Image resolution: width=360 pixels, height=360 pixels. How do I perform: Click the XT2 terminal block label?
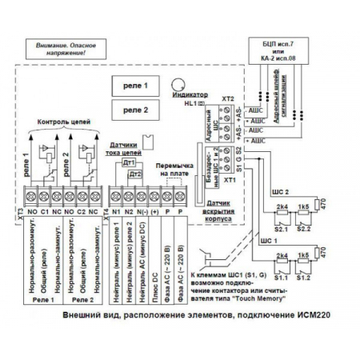[226, 98]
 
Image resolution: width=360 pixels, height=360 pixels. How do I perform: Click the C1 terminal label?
[46, 214]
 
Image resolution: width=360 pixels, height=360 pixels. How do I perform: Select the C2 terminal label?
[82, 214]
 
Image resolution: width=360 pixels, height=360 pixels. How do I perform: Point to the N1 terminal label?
[116, 214]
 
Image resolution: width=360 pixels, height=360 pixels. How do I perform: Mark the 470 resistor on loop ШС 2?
[325, 206]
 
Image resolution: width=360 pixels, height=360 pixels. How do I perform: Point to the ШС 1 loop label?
[269, 240]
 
